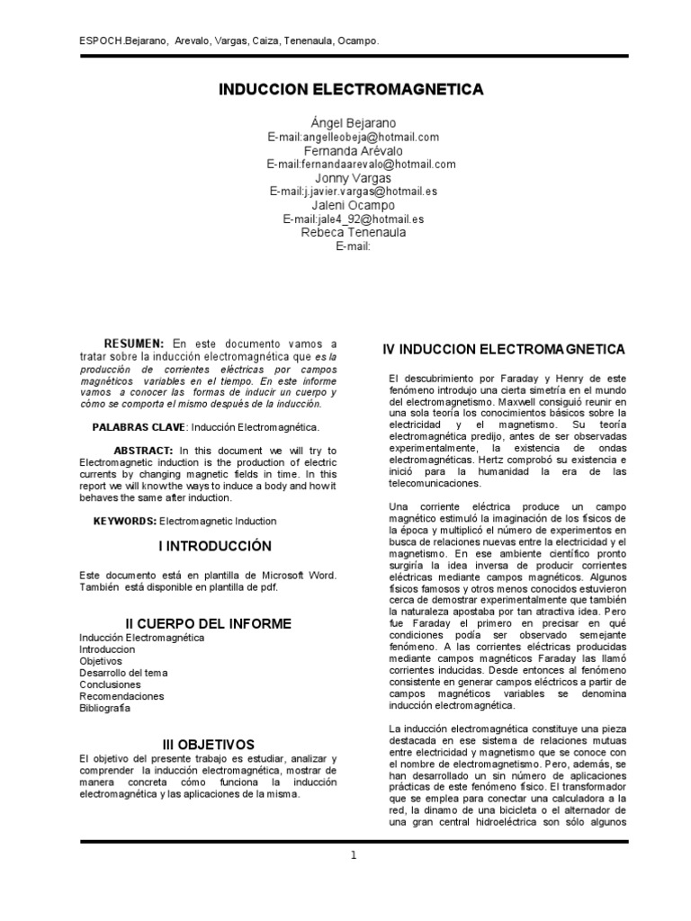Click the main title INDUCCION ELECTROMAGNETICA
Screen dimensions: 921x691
[x=352, y=89]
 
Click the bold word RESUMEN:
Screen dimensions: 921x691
[x=134, y=344]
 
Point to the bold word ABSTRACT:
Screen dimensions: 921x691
[x=145, y=450]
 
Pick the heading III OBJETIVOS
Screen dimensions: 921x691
[x=209, y=745]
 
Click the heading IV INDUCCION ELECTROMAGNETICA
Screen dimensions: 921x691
[x=504, y=347]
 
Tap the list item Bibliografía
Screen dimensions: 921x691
[x=104, y=708]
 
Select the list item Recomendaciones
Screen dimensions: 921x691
[x=121, y=696]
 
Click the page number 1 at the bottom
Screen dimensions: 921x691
[x=354, y=855]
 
